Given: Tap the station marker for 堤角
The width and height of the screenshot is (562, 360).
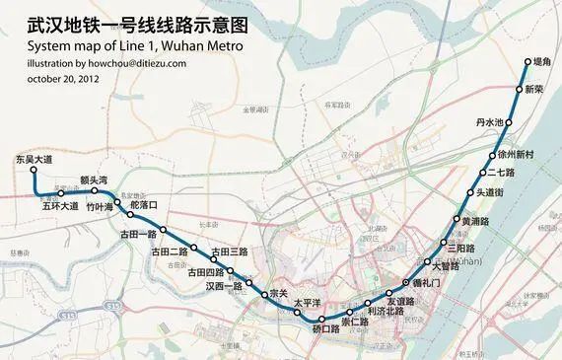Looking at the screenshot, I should (525, 60).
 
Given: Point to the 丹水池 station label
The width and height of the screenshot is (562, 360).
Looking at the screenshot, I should (489, 122).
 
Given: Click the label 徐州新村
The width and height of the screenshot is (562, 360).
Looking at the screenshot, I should (516, 155).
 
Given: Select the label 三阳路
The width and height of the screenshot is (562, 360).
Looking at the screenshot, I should (467, 248).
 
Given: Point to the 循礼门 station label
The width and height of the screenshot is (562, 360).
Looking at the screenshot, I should (431, 283).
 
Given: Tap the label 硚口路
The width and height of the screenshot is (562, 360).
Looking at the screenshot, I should (324, 328).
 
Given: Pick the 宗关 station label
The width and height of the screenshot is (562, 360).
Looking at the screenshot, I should (277, 294).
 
